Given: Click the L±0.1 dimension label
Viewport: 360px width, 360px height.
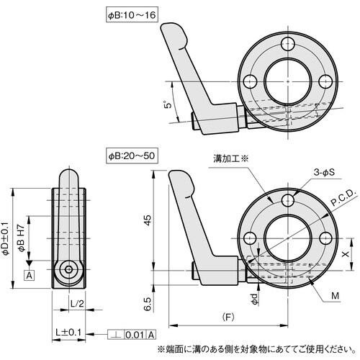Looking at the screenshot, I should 68,332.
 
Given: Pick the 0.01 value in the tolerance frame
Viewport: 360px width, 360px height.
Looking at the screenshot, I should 135,335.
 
